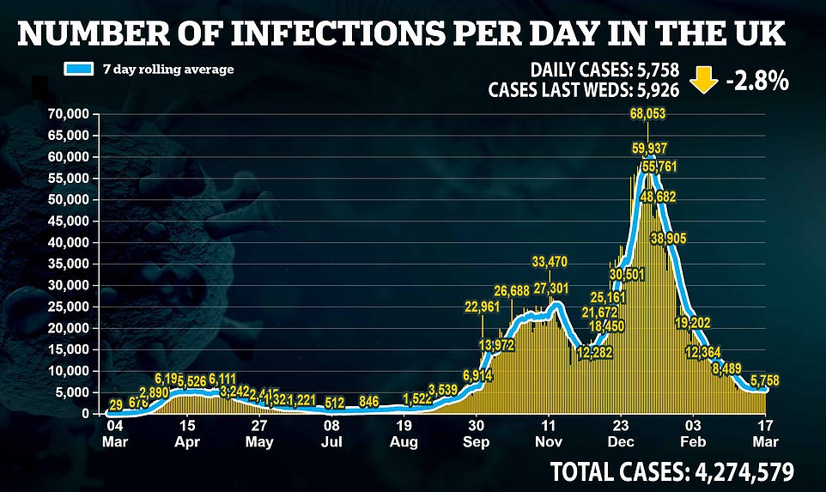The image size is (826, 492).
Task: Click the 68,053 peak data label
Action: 647,114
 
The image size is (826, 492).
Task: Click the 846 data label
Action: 370,401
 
